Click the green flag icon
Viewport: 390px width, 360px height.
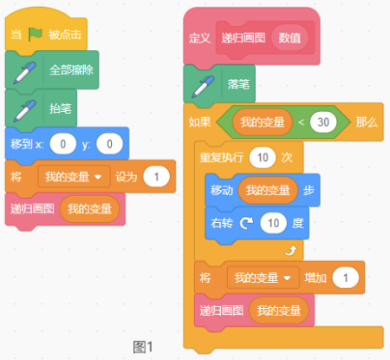point(36,35)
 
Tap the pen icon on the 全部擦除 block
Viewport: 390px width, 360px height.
point(24,73)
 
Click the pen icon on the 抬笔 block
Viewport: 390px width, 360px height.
point(24,111)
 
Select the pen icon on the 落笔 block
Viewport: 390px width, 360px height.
point(203,87)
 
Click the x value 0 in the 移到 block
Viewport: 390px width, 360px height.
point(63,144)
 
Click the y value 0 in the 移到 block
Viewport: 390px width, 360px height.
point(109,144)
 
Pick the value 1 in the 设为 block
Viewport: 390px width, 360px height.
point(156,177)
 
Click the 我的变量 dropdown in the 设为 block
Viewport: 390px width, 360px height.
point(74,177)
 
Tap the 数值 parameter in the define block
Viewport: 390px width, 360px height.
point(289,38)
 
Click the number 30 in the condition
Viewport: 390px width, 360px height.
point(323,122)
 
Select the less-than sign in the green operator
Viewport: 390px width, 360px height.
point(301,122)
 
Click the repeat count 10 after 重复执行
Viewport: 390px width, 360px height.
point(263,158)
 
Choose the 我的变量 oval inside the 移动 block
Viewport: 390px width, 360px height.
point(268,190)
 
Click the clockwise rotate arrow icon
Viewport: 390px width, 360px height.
point(246,223)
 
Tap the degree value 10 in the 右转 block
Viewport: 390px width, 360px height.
point(273,223)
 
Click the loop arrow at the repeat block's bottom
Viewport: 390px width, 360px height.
point(290,251)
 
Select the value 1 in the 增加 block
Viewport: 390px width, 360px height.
point(346,278)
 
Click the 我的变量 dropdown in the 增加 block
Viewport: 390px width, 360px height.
point(263,278)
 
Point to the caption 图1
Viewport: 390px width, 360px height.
point(143,347)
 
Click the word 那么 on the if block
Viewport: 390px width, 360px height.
point(367,122)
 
